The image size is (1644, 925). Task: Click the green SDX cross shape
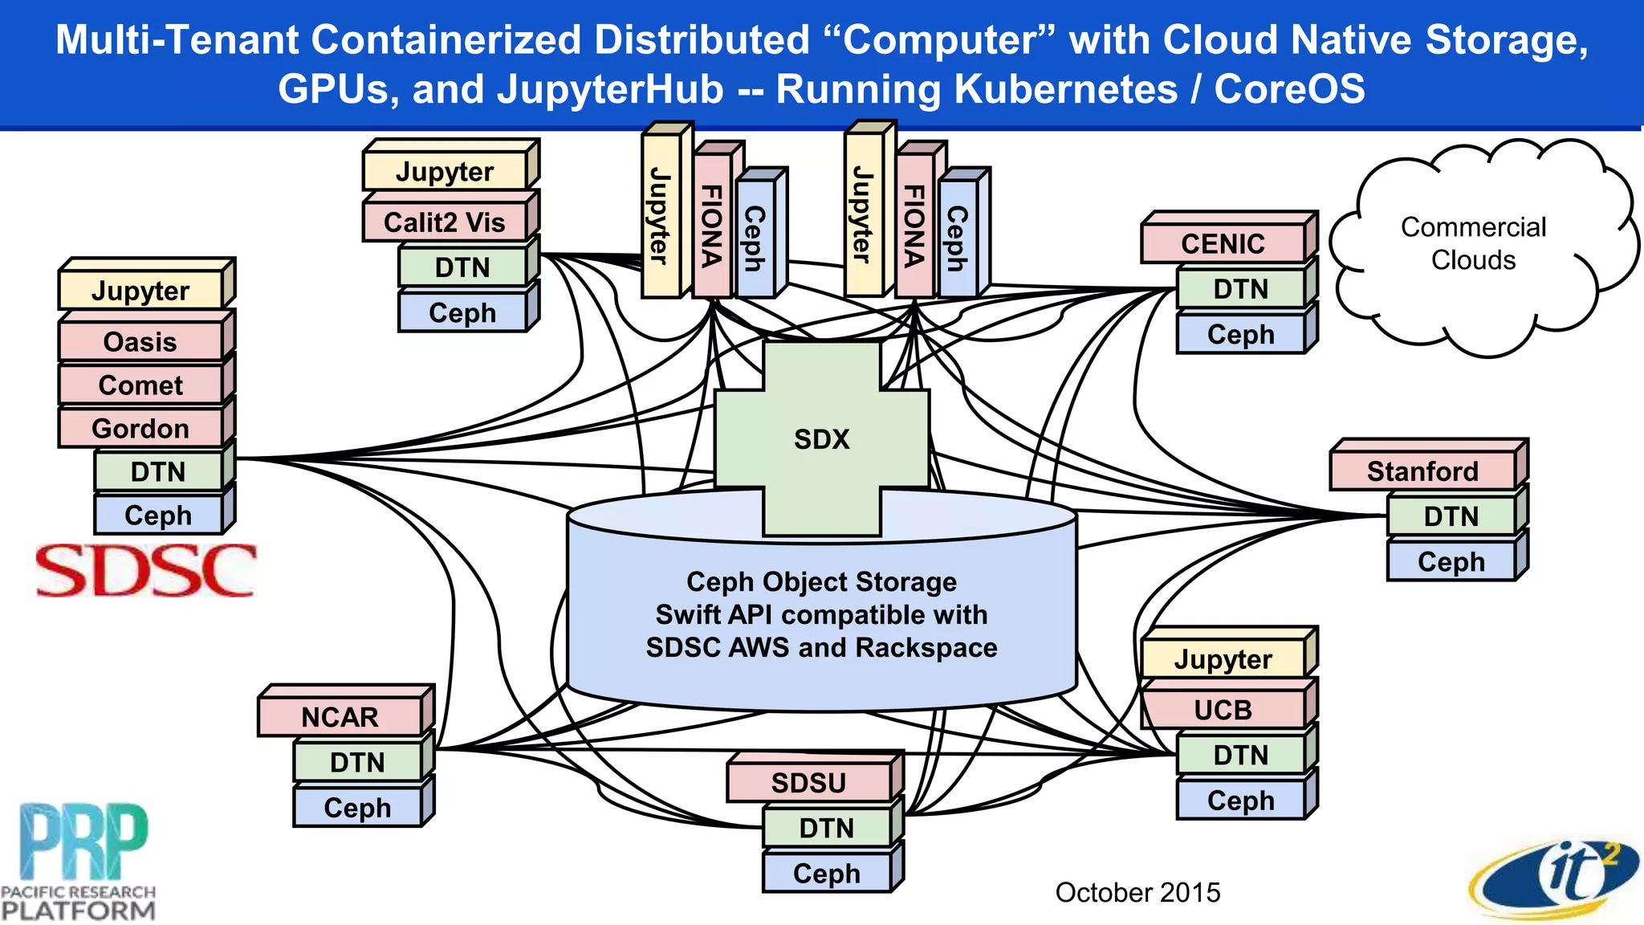(x=821, y=438)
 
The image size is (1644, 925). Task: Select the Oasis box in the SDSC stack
(x=140, y=342)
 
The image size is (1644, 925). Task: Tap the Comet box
(x=140, y=385)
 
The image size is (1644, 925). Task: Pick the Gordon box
(x=140, y=429)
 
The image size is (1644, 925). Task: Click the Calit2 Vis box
(x=445, y=222)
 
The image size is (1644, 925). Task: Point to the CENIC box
(x=1223, y=244)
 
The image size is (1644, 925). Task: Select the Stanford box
(x=1422, y=471)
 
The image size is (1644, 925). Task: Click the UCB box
(x=1223, y=710)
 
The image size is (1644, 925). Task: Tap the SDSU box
(x=808, y=783)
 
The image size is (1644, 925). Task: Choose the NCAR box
(x=340, y=717)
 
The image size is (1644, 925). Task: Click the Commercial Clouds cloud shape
(x=1473, y=244)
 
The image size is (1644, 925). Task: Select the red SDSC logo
(x=146, y=571)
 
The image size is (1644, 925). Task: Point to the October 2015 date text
(x=1137, y=892)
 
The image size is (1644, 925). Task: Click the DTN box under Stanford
(x=1451, y=516)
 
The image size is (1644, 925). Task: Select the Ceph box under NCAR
(x=357, y=808)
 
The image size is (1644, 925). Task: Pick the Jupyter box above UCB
(x=1223, y=660)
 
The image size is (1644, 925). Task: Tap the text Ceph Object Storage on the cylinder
(x=821, y=581)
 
